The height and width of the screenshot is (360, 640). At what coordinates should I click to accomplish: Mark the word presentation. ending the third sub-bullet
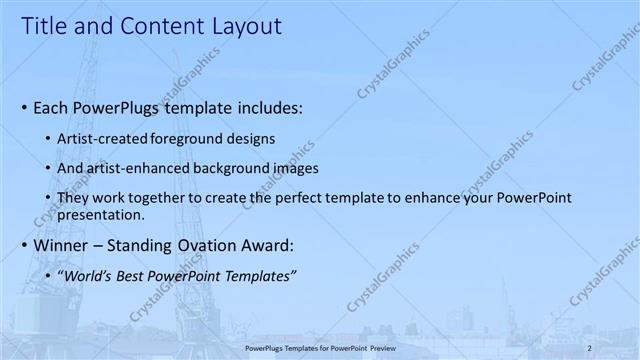(x=103, y=214)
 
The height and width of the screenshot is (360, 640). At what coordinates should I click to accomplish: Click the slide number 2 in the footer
(x=589, y=346)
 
